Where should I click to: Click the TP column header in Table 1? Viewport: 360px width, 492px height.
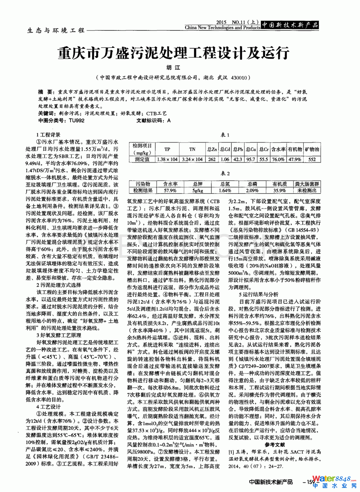pos(167,149)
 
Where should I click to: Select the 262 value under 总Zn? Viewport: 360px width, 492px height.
pos(212,159)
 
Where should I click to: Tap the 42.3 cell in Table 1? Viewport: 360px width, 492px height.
pos(238,159)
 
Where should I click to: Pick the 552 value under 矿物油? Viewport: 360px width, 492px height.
pos(312,159)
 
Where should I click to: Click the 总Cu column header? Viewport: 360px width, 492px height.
pos(251,149)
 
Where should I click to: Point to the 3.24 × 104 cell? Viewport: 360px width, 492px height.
pos(192,159)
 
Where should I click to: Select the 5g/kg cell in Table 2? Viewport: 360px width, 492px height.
pos(197,190)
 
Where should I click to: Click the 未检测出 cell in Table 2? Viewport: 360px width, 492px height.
pos(307,190)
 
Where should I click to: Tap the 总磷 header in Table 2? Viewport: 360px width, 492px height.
pos(252,184)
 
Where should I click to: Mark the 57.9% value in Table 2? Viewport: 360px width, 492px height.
pos(170,190)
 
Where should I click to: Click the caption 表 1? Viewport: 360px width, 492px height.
pos(225,135)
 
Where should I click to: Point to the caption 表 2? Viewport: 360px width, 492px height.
pos(225,173)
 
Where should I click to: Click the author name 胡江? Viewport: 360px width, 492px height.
pos(173,68)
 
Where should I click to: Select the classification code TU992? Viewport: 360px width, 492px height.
pos(76,121)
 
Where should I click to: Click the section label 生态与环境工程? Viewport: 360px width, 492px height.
pos(56,30)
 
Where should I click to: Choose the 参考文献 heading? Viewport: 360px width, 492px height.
pos(275,444)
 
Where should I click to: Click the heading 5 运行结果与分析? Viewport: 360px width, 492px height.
pos(258,294)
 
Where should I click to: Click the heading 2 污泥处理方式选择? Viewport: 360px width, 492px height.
pos(59,285)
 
